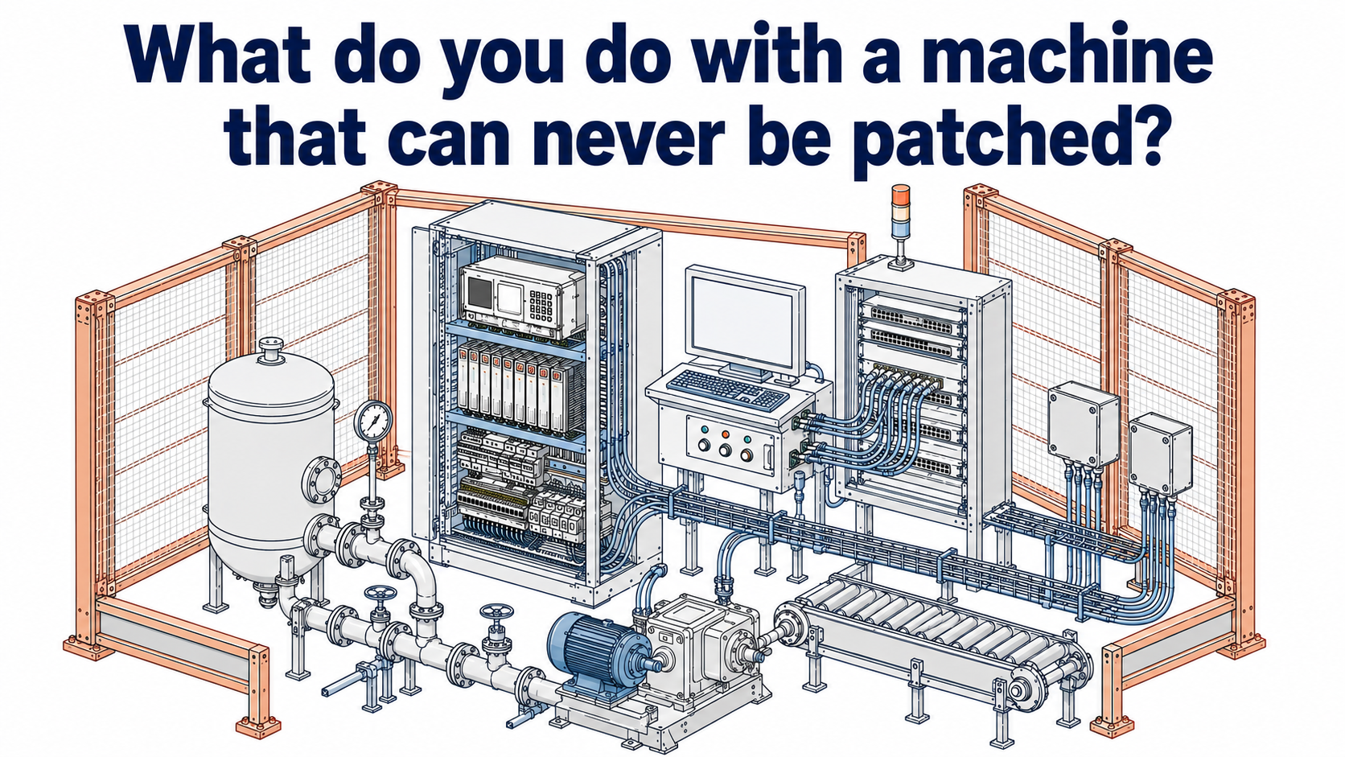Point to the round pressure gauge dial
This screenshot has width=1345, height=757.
pyautogui.click(x=373, y=422)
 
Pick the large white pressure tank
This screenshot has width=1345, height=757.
pyautogui.click(x=271, y=463)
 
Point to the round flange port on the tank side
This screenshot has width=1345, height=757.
pyautogui.click(x=322, y=486)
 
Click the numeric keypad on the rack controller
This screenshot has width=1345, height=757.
pyautogui.click(x=541, y=306)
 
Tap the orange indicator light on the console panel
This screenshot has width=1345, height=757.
pyautogui.click(x=726, y=434)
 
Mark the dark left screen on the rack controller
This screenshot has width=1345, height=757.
pyautogui.click(x=479, y=292)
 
